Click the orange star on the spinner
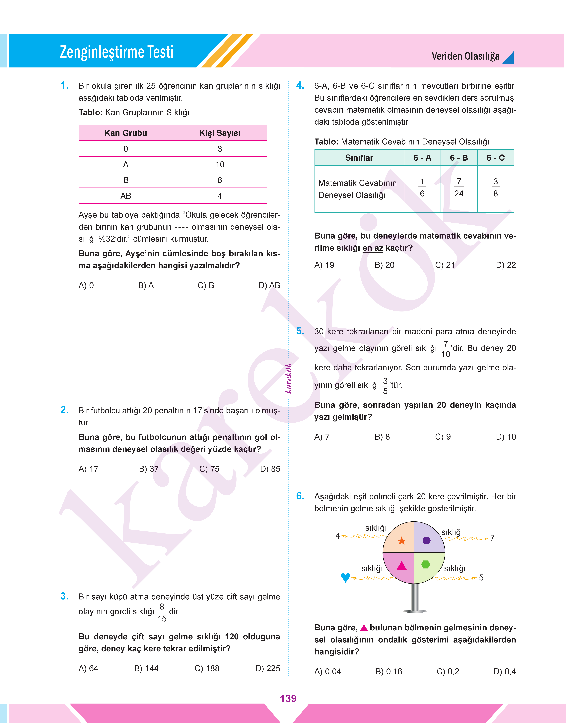click(402, 541)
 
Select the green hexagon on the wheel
click(425, 564)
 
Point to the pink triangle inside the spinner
click(402, 566)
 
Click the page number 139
click(288, 698)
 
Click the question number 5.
click(300, 331)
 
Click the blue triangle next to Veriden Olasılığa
click(509, 58)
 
